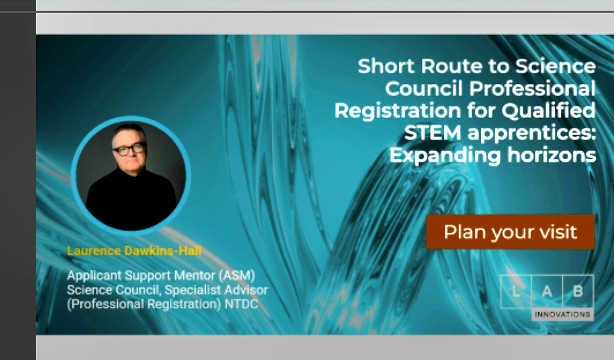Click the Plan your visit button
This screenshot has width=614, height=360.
pos(510,232)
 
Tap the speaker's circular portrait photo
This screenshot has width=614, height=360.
pos(131,176)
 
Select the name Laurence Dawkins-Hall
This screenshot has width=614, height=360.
pos(135,251)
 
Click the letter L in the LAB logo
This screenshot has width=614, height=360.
pos(516,291)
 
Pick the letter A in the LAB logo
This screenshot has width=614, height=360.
pos(547,291)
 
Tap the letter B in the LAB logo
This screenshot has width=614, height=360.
pos(578,291)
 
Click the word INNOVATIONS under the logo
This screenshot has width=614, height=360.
pos(563,314)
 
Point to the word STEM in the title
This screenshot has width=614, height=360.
pos(433,133)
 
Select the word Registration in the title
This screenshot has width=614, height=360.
pos(398,111)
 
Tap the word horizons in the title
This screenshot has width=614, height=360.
pos(552,155)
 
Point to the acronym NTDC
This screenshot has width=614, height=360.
pos(242,304)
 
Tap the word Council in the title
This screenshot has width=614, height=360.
pos(424,88)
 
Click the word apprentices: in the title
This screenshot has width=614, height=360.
pos(532,134)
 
